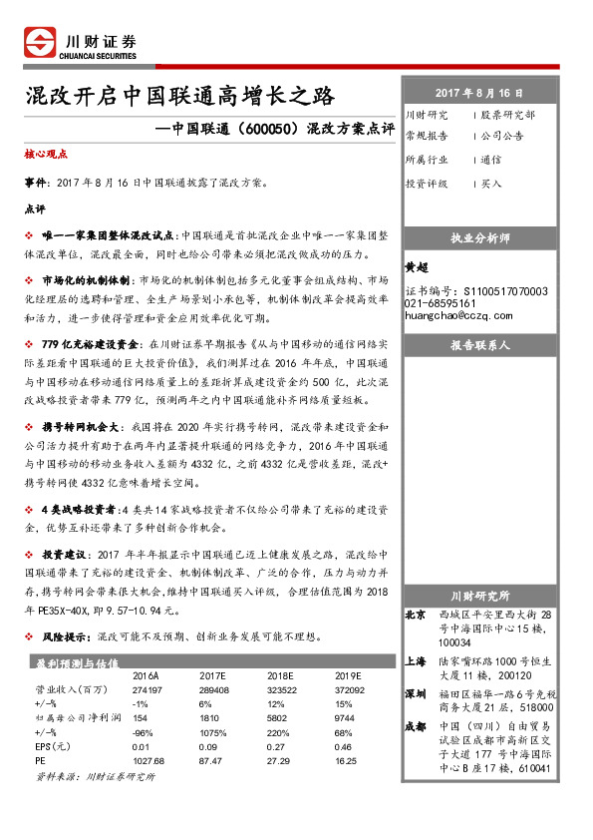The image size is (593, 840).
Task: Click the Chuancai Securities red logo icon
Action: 39,43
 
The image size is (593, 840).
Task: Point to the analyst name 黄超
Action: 416,268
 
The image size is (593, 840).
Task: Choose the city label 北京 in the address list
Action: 417,615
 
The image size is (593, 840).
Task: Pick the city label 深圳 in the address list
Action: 417,693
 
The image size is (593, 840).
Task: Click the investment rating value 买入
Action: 491,184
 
